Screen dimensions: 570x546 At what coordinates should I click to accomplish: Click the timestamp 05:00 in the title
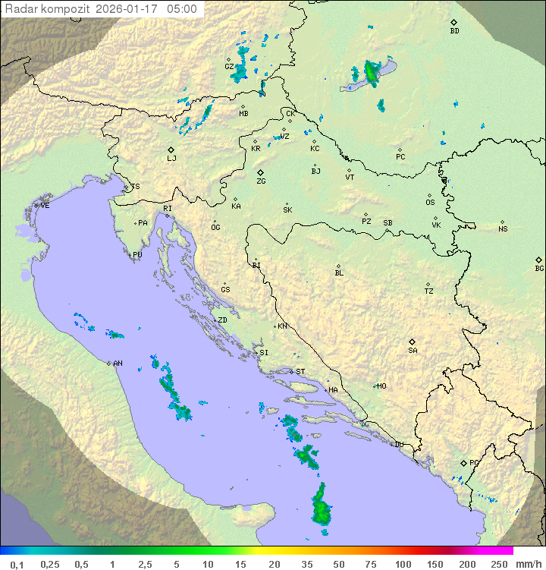point(183,9)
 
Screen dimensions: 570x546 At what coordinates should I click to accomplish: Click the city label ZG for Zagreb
point(261,181)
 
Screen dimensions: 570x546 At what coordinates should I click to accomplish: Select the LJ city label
point(171,158)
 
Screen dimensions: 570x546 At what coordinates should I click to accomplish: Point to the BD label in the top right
point(454,31)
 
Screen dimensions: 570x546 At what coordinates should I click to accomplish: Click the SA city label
point(413,350)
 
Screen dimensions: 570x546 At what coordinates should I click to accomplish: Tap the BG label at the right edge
point(539,268)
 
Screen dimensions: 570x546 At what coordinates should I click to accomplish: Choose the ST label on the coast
point(300,372)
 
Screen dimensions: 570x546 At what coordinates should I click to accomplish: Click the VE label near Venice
point(45,206)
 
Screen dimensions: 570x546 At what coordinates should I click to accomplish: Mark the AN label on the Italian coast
point(118,364)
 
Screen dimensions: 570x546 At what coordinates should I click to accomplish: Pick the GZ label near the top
point(229,66)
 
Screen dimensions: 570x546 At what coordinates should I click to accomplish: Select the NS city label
point(503,229)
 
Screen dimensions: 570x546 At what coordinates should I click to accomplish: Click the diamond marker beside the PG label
point(463,462)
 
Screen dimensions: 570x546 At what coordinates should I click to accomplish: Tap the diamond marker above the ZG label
point(260,172)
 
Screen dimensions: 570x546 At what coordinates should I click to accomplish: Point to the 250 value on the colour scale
point(499,563)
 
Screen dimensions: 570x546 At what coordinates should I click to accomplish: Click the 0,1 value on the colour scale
point(17,563)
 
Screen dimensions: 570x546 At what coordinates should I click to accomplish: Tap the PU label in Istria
point(137,255)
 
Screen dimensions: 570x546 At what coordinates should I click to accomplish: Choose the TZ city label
point(429,291)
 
